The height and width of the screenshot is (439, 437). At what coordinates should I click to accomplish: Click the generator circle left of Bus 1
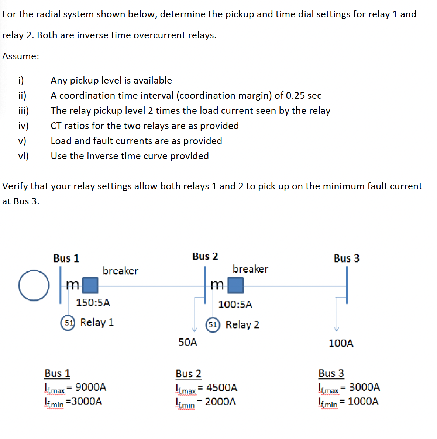tap(34, 285)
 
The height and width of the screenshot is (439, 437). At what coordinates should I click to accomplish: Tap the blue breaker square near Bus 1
tap(90, 285)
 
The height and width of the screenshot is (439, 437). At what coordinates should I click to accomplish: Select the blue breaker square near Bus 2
tap(235, 285)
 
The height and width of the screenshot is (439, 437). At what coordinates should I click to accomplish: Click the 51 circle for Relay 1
tap(68, 323)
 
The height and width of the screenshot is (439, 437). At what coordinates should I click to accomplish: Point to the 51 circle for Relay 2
tap(213, 325)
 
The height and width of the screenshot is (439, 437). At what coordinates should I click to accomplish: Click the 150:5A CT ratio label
tap(93, 303)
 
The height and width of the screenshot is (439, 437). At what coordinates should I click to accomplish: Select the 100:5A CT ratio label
tap(235, 305)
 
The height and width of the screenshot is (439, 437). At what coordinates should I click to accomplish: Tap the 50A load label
tap(187, 342)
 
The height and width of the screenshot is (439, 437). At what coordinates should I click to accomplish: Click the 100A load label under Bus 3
tap(341, 343)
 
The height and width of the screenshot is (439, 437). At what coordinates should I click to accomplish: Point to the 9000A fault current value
tap(91, 387)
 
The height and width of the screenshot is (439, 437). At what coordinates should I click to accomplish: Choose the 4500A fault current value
tap(222, 388)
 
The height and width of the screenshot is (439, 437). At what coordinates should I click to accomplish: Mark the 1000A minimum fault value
tap(363, 401)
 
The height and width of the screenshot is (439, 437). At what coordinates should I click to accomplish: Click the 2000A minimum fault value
tap(220, 402)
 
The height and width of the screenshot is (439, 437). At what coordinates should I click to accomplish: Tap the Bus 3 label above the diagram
tap(346, 259)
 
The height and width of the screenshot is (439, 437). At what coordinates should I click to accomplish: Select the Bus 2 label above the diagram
tap(205, 256)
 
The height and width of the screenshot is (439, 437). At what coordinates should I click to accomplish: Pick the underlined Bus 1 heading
tap(57, 373)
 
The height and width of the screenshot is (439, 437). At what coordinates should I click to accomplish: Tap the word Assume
tap(20, 56)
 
